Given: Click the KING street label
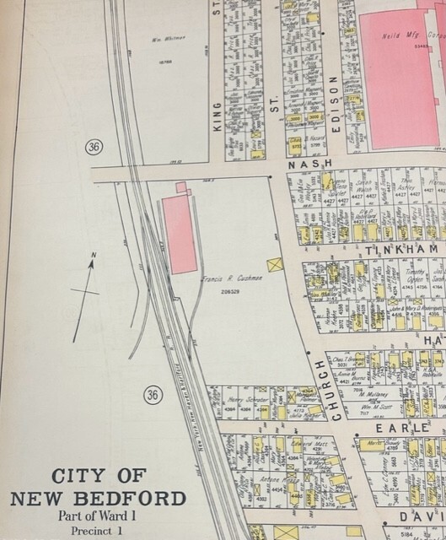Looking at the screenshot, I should point(218,111).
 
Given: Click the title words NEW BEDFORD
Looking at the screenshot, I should point(98,498).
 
